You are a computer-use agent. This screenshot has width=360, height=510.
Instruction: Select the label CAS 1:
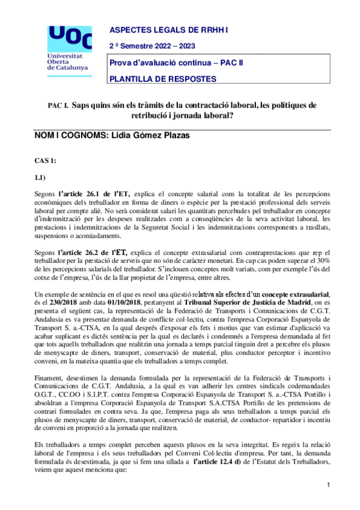(x=46, y=162)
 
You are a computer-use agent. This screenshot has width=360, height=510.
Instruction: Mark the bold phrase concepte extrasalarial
(x=283, y=292)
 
